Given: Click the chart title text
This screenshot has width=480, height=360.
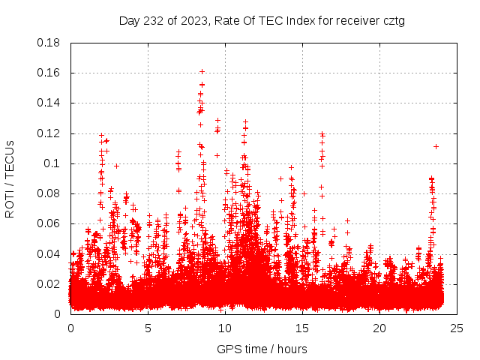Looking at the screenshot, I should pos(262,20).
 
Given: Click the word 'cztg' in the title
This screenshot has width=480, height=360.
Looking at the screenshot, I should pos(393,20).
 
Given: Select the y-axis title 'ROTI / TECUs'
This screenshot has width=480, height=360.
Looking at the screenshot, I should pos(10,178).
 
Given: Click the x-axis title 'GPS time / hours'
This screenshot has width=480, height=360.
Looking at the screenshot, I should pos(262,349).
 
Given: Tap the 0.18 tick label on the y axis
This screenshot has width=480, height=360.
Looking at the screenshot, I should pos(49,43).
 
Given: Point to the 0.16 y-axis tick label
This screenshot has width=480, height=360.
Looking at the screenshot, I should pos(49,73).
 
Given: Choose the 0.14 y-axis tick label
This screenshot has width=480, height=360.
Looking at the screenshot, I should pos(49,103).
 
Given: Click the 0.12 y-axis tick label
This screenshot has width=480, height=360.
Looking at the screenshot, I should pos(49,133).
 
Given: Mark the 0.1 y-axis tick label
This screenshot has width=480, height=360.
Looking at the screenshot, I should pos(52,163).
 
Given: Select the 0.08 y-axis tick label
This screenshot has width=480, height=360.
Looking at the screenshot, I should pos(49,193).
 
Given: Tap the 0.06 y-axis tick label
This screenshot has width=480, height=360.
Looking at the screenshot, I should pos(49,223).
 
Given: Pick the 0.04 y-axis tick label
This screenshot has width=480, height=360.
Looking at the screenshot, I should pos(49,253).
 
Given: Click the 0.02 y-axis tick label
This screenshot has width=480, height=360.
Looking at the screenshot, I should pos(49,283).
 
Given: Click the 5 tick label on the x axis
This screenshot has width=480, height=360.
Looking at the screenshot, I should pos(148,328).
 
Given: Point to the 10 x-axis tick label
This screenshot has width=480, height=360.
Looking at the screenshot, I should pos(225,328).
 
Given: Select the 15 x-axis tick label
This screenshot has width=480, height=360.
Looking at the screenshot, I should pos(302,328).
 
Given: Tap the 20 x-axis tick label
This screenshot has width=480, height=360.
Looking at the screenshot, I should pos(379,328).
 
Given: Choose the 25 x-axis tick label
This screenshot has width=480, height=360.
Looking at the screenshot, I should pos(457,328).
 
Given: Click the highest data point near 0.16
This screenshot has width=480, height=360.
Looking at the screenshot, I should pos(202,71).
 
